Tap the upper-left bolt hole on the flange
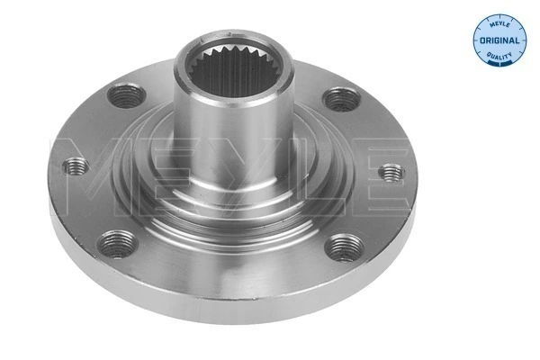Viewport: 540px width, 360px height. [126, 93]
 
